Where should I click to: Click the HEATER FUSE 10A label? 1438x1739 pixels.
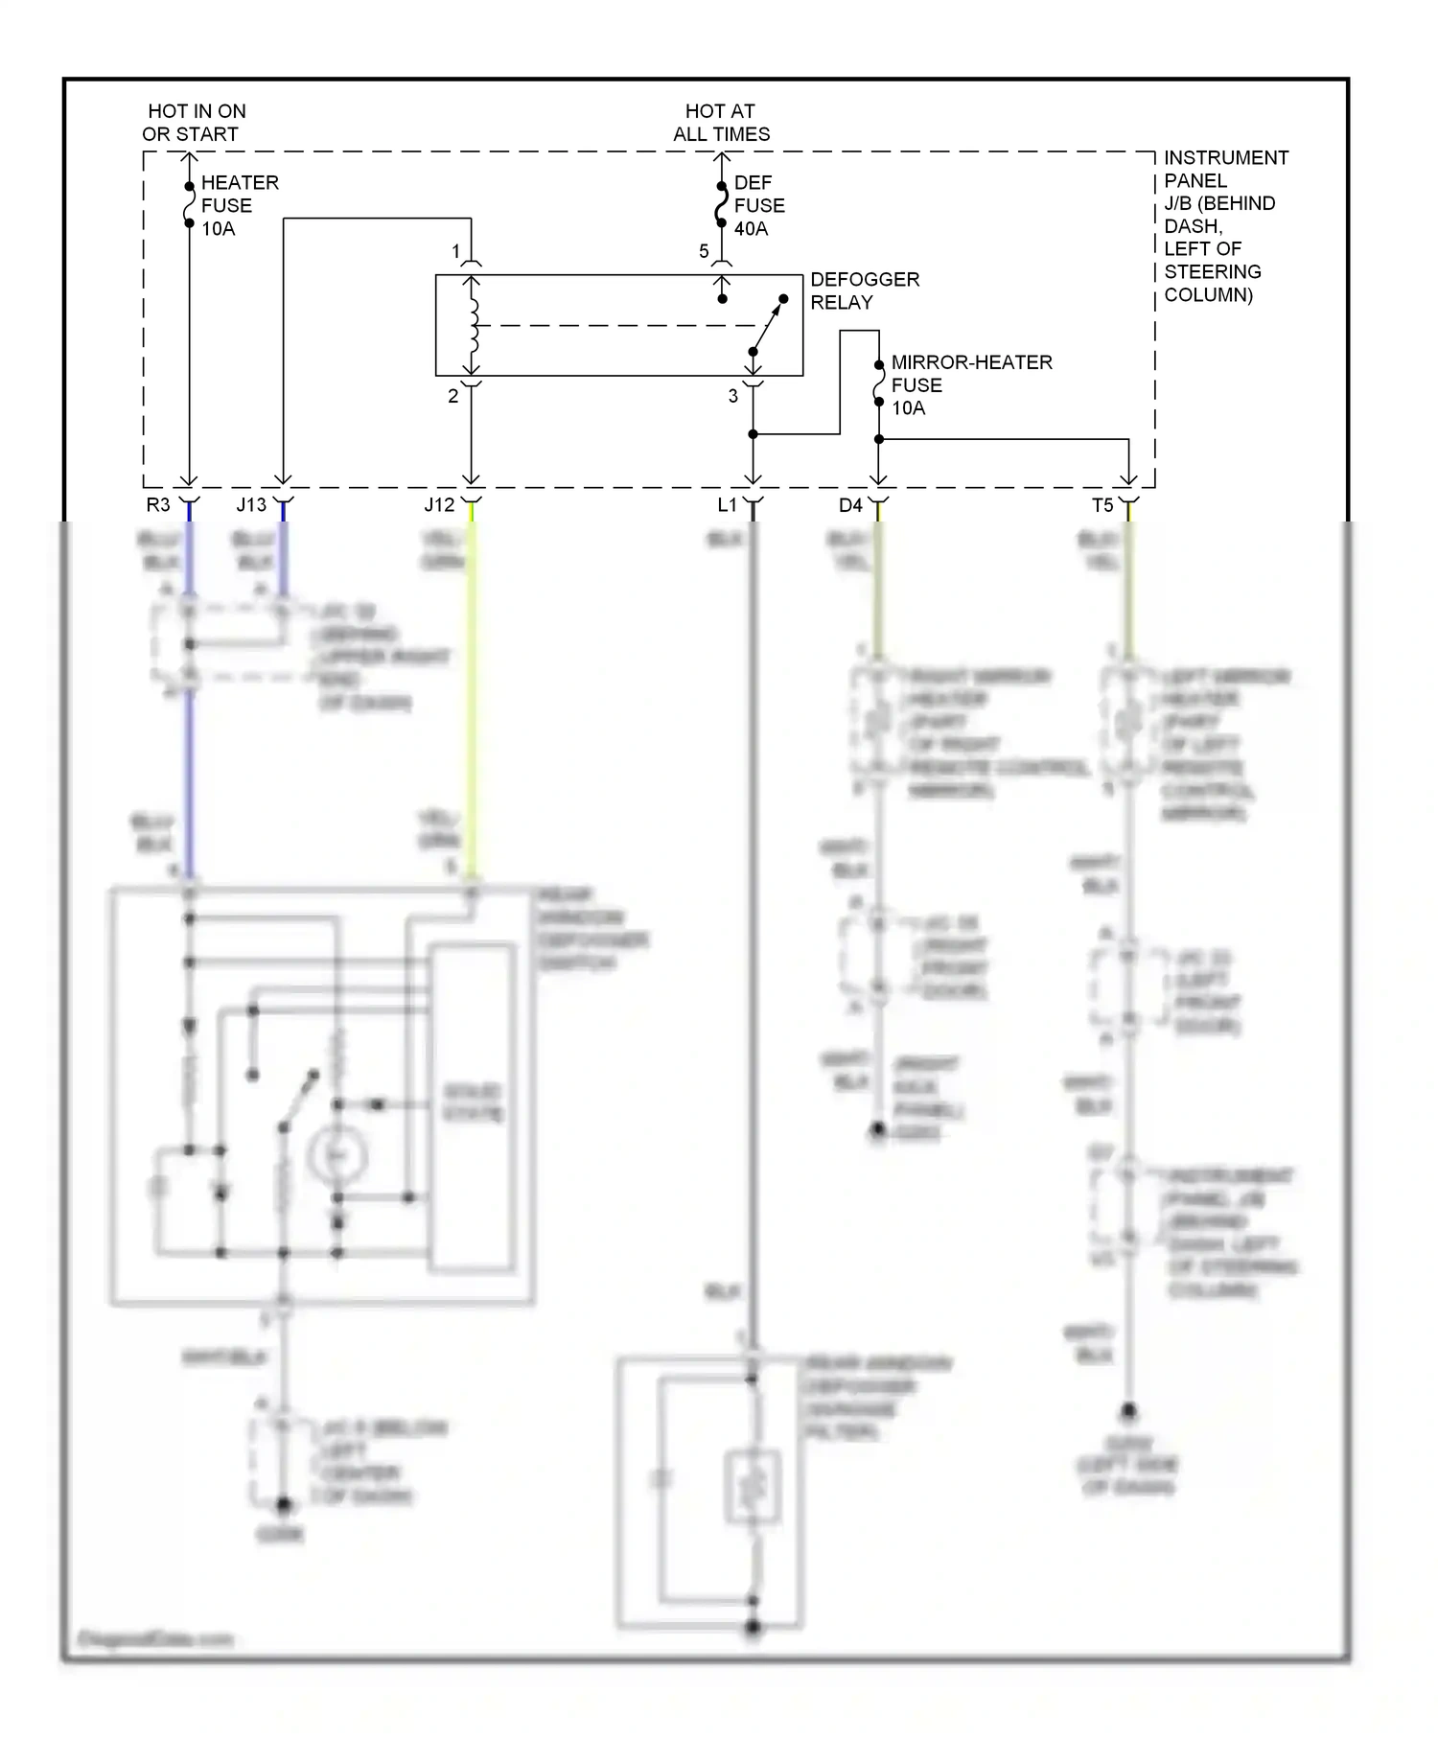click(239, 205)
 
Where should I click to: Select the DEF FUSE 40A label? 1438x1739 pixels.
click(758, 205)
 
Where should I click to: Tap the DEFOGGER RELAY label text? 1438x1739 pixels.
click(864, 290)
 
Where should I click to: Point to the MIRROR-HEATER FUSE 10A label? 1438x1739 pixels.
click(970, 384)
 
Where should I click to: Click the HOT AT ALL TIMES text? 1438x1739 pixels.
click(721, 123)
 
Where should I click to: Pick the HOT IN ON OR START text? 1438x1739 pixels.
click(195, 123)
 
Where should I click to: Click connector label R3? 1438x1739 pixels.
click(157, 505)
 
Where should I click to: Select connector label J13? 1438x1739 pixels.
click(251, 505)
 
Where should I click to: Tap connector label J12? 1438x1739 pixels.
click(439, 505)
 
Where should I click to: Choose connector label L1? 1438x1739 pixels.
click(727, 505)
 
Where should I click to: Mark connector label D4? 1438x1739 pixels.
click(850, 505)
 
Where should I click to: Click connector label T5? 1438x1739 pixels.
click(1102, 505)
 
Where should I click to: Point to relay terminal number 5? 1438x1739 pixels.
click(704, 251)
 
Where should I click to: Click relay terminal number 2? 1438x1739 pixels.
click(453, 396)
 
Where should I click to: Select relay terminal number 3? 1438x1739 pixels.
click(733, 396)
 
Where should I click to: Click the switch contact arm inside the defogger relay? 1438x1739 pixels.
click(768, 326)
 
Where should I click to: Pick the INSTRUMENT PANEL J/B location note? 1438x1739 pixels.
click(1224, 226)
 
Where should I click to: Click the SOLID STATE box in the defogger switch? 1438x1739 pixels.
click(472, 1106)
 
